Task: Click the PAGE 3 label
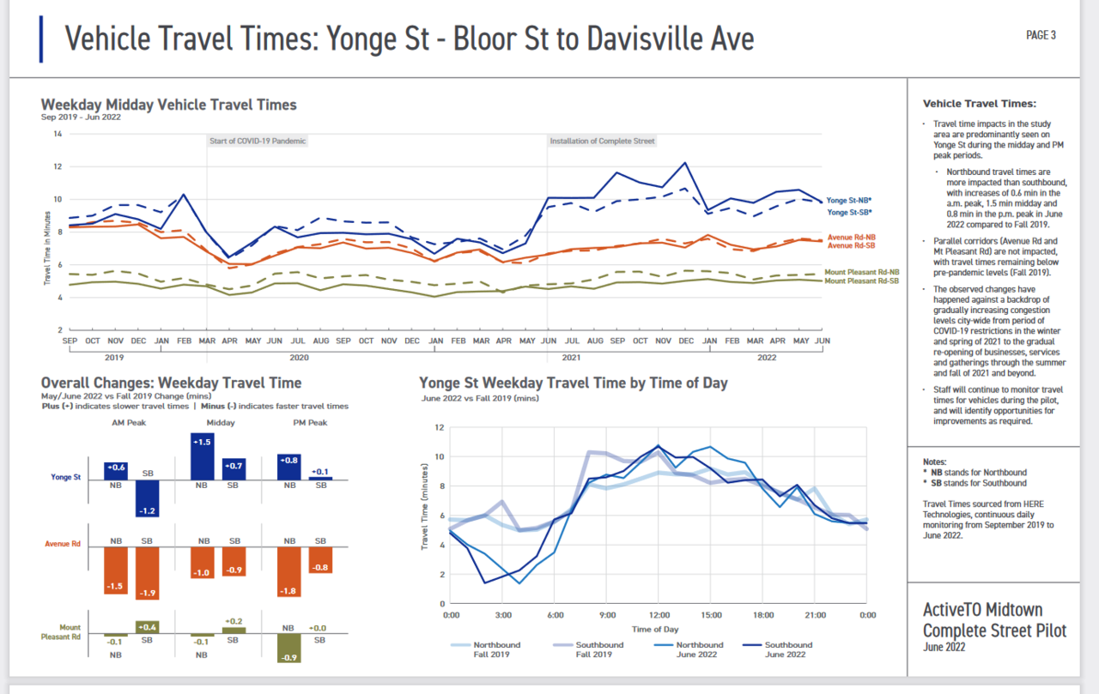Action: [x=1041, y=35]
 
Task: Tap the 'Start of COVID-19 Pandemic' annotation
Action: [x=258, y=141]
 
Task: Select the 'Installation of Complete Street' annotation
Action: [x=602, y=141]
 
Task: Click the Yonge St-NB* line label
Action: [x=849, y=200]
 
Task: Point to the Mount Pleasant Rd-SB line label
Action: [x=861, y=281]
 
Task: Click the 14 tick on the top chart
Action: [x=58, y=134]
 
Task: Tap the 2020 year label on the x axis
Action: [x=299, y=357]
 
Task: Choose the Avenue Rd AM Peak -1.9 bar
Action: [x=148, y=573]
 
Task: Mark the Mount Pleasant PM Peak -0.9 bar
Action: [x=289, y=648]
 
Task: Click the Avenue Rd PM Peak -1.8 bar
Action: [x=289, y=571]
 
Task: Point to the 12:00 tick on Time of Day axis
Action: [x=659, y=615]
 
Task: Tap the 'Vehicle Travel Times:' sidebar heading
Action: [x=980, y=103]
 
